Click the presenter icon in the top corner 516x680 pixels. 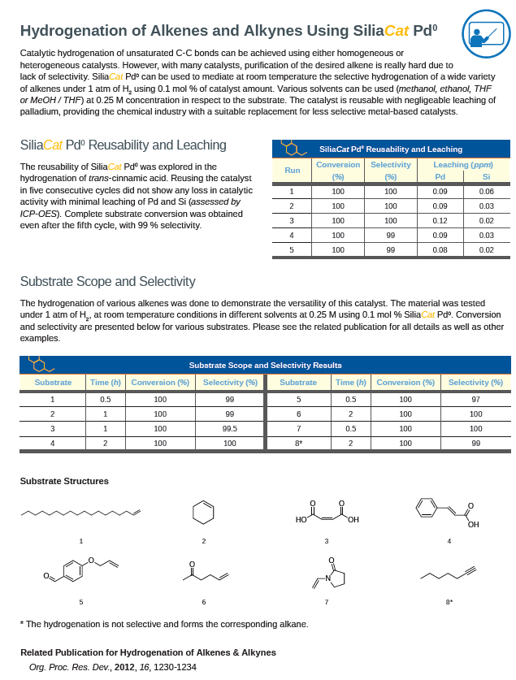(486, 34)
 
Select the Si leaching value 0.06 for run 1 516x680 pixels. (486, 191)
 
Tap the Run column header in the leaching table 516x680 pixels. (292, 170)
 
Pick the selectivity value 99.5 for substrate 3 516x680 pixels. (230, 428)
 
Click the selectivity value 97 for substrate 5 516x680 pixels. (475, 399)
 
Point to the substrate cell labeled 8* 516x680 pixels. (298, 443)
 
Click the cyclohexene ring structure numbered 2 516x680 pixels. (204, 513)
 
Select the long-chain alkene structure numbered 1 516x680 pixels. (80, 512)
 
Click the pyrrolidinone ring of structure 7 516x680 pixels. (336, 578)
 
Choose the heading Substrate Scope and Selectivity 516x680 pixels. (107, 281)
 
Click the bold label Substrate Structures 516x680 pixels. (64, 481)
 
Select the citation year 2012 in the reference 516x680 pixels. (125, 667)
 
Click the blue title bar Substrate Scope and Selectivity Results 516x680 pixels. (265, 365)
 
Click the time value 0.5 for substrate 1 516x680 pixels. (106, 399)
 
